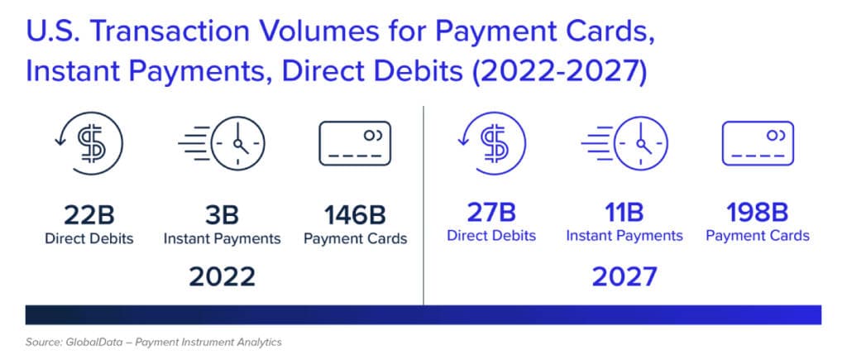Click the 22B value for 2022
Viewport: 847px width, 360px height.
(89, 215)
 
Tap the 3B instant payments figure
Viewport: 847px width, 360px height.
(222, 215)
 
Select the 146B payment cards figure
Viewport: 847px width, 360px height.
(355, 215)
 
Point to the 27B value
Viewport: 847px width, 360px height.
(491, 213)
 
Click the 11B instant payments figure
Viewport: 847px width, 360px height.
(624, 213)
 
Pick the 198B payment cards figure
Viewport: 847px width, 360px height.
(758, 213)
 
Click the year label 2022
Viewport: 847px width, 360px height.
(222, 277)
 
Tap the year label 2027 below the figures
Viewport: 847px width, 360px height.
(624, 277)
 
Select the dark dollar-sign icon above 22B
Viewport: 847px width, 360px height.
(89, 142)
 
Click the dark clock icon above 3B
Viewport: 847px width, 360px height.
(222, 142)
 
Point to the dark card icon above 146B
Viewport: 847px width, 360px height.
(355, 143)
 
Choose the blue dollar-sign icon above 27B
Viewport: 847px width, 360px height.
(491, 142)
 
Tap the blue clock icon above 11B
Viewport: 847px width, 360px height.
(624, 142)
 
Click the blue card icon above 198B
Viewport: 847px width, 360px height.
(758, 143)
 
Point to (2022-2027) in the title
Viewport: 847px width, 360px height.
(559, 74)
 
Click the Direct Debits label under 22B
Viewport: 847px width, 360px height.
(89, 238)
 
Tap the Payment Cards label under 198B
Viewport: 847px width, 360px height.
(758, 236)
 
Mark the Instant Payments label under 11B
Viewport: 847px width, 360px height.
(624, 236)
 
